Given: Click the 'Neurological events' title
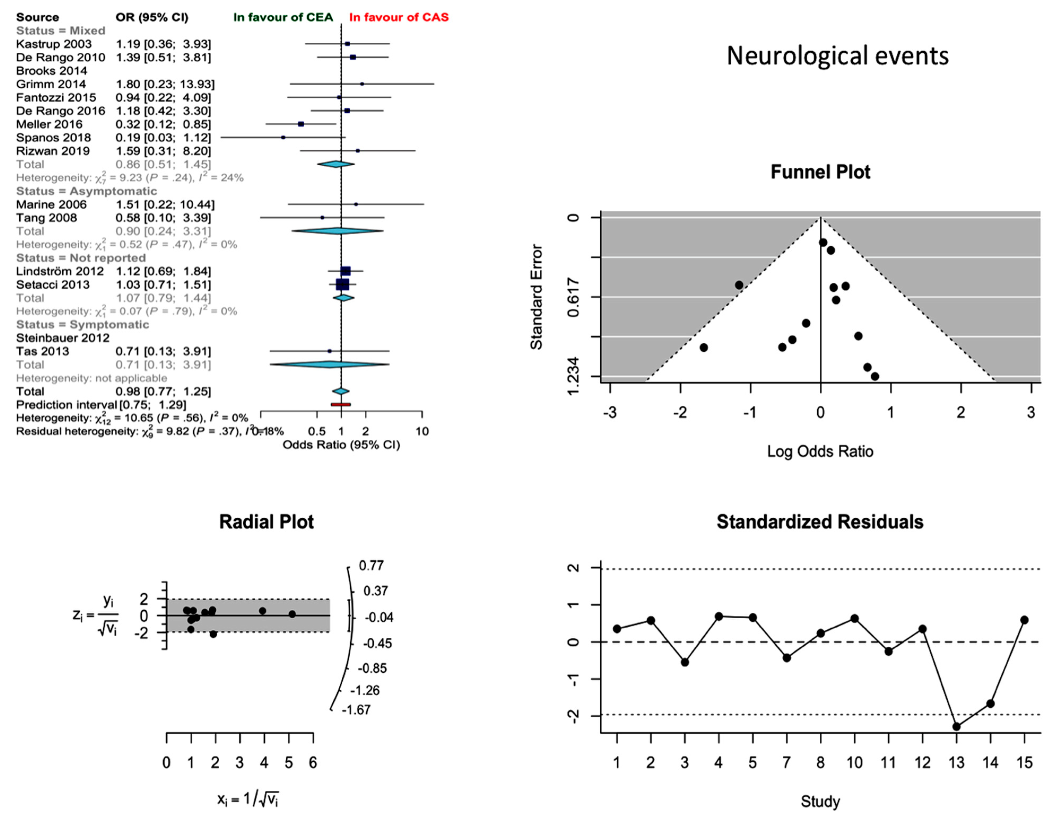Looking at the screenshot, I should (837, 56).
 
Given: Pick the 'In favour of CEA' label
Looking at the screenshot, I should (283, 17).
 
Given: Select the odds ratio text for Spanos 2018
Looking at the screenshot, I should (163, 138).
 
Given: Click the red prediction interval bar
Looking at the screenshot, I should (341, 404).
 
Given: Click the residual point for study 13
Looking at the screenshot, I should (956, 726).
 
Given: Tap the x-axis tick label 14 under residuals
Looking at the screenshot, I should (990, 763).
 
